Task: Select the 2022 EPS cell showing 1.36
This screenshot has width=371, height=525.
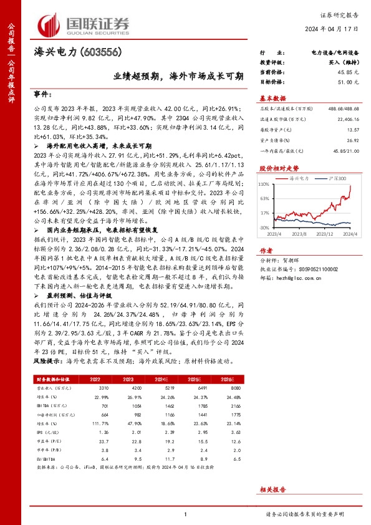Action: pos(104,431)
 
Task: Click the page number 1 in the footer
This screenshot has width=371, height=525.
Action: pos(186,514)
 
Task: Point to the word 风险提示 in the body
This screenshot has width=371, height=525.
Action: pos(47,360)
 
